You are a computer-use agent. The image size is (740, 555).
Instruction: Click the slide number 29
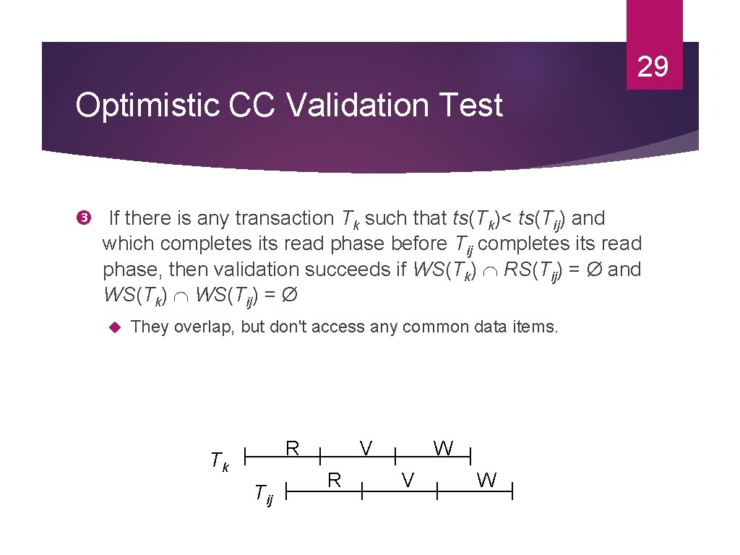point(653,67)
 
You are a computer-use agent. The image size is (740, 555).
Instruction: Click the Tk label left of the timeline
point(219,460)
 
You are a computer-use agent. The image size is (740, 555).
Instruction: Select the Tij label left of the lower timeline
point(264,495)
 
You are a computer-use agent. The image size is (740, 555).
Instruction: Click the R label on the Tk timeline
point(292,448)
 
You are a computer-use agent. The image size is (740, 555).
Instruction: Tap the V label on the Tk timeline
point(366,448)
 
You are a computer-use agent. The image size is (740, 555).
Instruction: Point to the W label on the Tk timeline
point(443,448)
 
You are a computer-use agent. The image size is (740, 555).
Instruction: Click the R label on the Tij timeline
point(334,480)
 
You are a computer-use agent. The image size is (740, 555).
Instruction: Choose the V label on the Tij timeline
point(408,480)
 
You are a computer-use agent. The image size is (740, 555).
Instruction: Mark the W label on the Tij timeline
point(487,480)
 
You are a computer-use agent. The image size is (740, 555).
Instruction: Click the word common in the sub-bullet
point(436,327)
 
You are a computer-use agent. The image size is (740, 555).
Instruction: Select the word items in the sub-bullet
point(538,327)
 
